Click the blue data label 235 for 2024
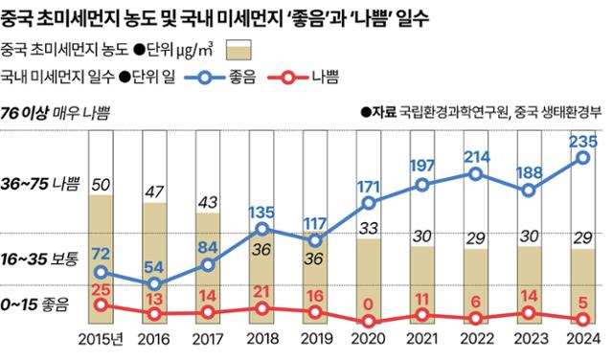coord(583,142)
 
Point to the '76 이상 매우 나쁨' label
coord(57,112)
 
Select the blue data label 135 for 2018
coord(262,213)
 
